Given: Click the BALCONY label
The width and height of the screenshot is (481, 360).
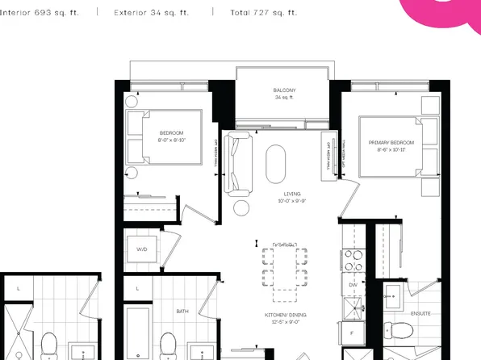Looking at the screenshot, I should [x=283, y=90].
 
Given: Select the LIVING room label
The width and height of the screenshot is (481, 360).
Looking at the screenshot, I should [x=279, y=194].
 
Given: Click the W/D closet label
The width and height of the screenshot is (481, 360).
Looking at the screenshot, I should [x=142, y=249].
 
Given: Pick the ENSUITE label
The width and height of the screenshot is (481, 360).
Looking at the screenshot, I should [x=420, y=313].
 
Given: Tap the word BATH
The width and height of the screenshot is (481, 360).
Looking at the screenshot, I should [x=182, y=311].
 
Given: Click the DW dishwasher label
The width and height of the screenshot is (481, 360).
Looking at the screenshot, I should [x=353, y=285].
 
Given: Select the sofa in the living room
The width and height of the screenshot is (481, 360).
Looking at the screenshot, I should [x=238, y=164].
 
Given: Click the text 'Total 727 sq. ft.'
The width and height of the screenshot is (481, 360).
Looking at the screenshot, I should [x=263, y=13].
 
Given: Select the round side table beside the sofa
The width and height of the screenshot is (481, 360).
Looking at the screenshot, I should [x=241, y=207].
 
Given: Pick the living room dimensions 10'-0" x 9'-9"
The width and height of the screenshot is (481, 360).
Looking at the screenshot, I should [x=279, y=201].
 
